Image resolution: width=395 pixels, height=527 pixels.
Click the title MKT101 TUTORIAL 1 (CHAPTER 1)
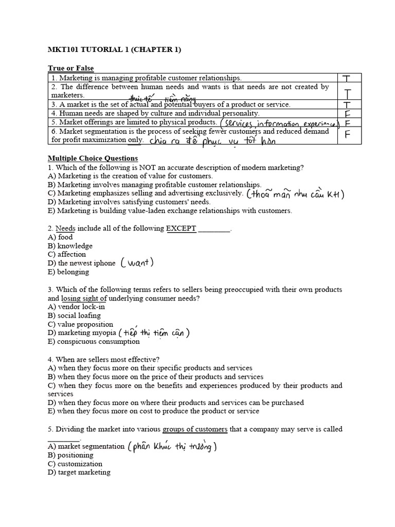pyautogui.click(x=114, y=49)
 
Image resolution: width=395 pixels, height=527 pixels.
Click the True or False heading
pyautogui.click(x=71, y=68)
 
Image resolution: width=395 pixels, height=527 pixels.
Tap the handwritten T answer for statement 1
pyautogui.click(x=347, y=78)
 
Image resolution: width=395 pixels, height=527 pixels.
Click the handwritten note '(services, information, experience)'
pyautogui.click(x=279, y=123)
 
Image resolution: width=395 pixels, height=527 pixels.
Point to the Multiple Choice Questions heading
pyautogui.click(x=93, y=158)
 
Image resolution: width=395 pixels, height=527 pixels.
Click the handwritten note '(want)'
pyautogui.click(x=137, y=263)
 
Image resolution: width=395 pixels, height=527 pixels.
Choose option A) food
pyautogui.click(x=60, y=237)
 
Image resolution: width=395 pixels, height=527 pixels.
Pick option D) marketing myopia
pyautogui.click(x=82, y=333)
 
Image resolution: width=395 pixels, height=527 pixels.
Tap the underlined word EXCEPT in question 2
pyautogui.click(x=182, y=229)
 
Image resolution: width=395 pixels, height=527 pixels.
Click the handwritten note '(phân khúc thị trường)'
pyautogui.click(x=172, y=447)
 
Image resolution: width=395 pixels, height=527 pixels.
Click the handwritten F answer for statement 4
pyautogui.click(x=348, y=113)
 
